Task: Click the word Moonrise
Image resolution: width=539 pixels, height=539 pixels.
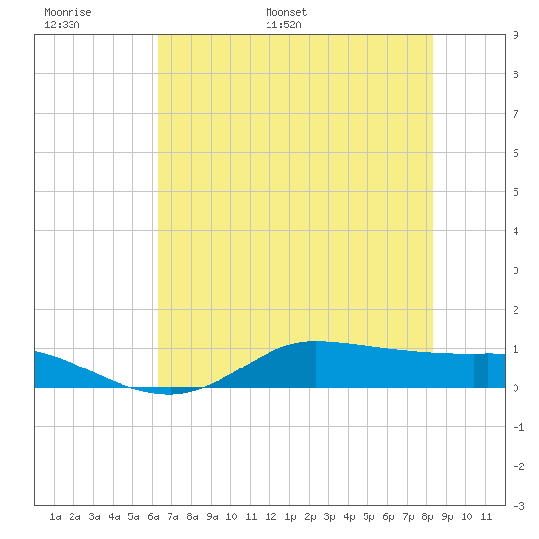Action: pos(68,12)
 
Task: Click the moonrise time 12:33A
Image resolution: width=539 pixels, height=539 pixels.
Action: pos(62,24)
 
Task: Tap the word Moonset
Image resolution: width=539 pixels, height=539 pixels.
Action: pos(286,12)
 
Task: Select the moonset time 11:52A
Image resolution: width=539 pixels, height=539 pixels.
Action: pos(283,24)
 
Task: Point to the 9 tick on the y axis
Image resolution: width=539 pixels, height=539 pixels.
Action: pos(515,35)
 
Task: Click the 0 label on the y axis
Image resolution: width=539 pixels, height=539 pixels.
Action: pos(515,388)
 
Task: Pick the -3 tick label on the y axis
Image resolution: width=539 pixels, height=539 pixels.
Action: pos(518,506)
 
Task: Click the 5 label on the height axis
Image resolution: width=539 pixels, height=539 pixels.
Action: pos(515,192)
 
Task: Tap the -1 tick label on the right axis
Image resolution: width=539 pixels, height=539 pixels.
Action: pos(518,427)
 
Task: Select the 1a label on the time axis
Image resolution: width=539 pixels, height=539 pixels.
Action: pos(55,516)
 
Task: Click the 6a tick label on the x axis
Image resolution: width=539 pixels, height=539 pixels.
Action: pos(153,516)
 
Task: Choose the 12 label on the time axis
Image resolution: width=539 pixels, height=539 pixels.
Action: pos(270,516)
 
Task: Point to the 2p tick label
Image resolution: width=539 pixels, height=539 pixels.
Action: pos(310,516)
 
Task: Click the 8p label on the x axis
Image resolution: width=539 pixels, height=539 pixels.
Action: pos(427,516)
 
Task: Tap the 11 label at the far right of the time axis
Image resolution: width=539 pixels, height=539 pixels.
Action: pos(486,516)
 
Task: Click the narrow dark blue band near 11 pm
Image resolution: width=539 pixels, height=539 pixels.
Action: pos(481,370)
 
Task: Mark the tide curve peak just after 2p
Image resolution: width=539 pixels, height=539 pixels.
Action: pos(316,341)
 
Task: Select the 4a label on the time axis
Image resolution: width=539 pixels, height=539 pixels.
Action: pos(114,516)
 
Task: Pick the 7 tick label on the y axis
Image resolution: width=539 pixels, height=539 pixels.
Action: pos(515,114)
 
